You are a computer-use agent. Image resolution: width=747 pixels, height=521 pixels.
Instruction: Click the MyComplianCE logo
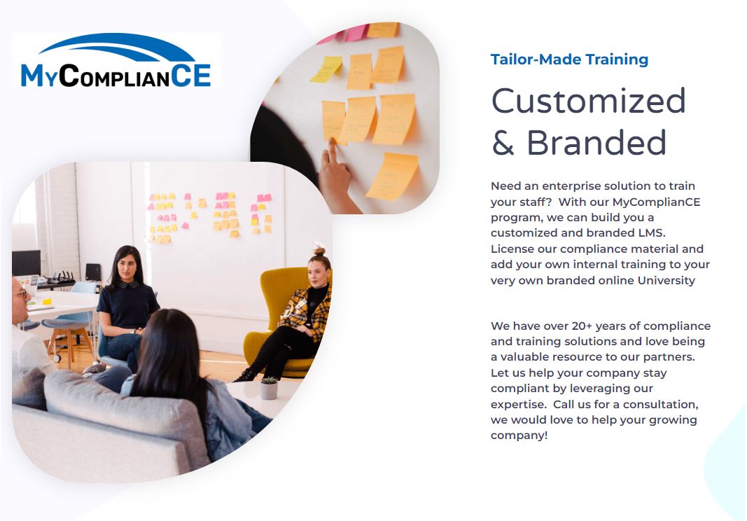coord(116,60)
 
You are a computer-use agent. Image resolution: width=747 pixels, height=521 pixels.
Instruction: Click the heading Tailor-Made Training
coord(569,59)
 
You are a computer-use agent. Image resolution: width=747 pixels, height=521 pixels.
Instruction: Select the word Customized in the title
coord(588,101)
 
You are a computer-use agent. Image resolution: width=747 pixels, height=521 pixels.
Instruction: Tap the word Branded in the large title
coord(596,142)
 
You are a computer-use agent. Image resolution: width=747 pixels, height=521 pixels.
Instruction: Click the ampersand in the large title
coord(503,143)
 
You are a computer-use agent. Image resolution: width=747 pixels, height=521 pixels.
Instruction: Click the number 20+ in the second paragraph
coord(582,326)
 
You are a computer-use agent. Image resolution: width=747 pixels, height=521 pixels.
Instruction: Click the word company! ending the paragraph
coord(519,436)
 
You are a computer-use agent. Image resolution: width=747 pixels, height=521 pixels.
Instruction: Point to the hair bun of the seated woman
coord(319,250)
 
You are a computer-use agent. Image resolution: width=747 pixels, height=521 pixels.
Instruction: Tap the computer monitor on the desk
coord(26,263)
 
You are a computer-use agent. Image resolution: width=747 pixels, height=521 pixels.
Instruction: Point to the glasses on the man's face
coord(22,293)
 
